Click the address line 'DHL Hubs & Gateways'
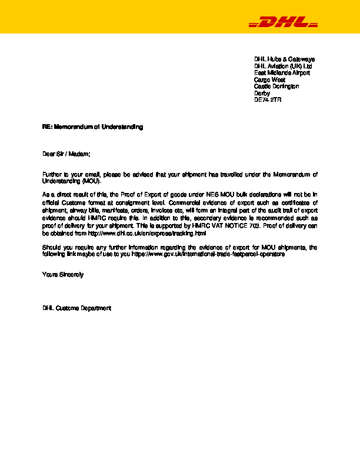[x=284, y=59]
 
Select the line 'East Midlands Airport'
[x=282, y=73]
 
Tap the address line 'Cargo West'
[x=269, y=79]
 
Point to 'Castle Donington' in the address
[x=276, y=86]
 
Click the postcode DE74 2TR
[x=268, y=100]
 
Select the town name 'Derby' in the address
[x=262, y=93]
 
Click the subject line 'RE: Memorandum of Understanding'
[x=92, y=127]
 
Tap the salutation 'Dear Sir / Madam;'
[x=66, y=154]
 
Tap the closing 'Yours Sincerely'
[x=63, y=275]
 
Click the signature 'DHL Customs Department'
[x=76, y=308]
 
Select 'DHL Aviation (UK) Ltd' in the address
[x=283, y=66]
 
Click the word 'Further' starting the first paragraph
[x=52, y=175]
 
